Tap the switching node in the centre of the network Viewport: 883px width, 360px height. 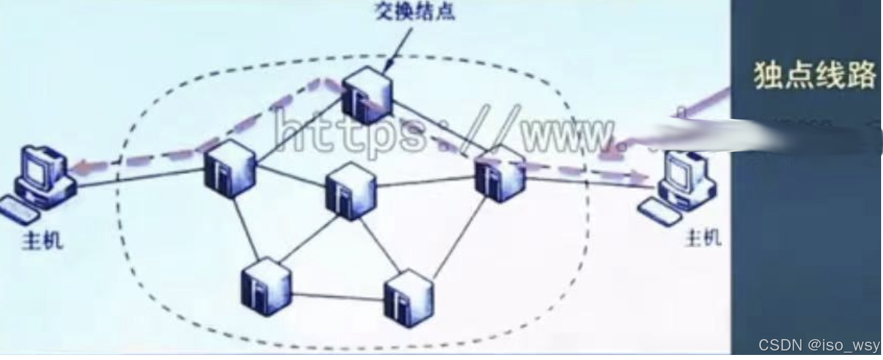point(351,190)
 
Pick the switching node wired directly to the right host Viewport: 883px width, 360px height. point(501,172)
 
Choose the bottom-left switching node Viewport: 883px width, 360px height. point(266,285)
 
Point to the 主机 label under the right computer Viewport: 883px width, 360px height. point(704,237)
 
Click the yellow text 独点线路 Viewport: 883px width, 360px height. point(815,75)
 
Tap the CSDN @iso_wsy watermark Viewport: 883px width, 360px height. point(819,345)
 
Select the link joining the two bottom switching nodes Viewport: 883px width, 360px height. point(338,294)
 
